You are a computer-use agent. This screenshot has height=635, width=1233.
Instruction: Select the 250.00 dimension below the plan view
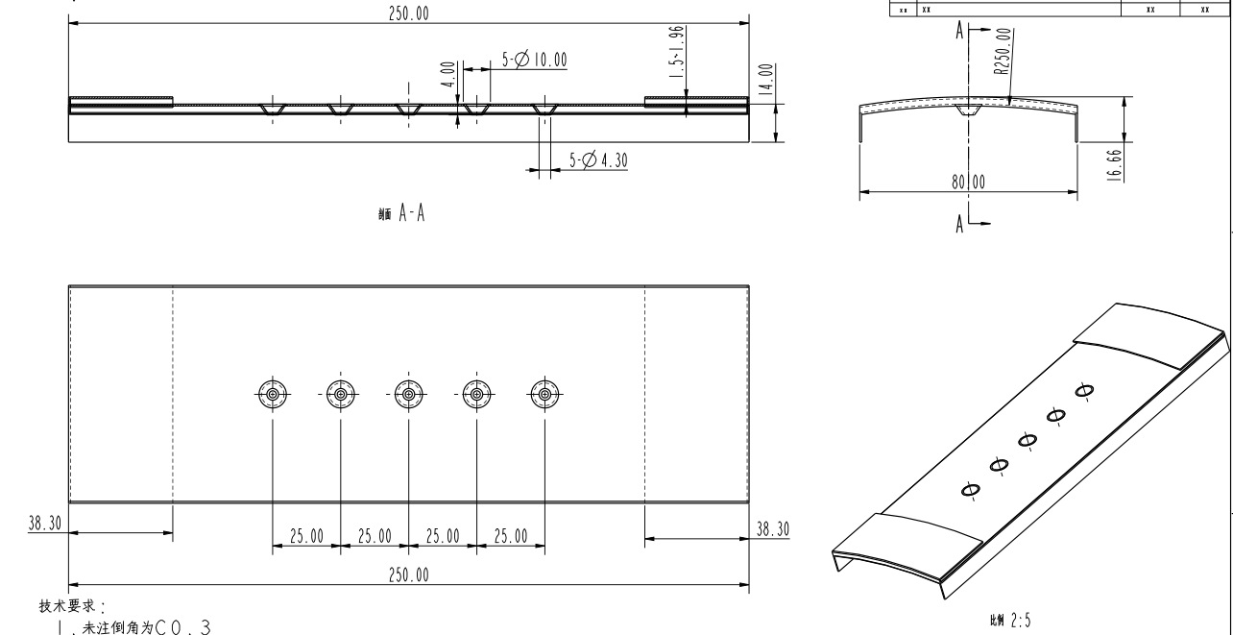point(409,575)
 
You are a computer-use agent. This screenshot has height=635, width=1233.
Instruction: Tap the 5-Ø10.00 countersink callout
point(534,61)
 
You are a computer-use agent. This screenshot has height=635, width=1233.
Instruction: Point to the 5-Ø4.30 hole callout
point(597,161)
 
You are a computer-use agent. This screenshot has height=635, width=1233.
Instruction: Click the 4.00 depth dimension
point(447,74)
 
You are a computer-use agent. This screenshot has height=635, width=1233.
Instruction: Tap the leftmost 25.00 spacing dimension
point(306,536)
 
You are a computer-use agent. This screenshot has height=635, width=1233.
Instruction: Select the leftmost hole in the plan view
point(273,394)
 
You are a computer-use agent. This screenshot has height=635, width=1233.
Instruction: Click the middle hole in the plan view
point(409,394)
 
